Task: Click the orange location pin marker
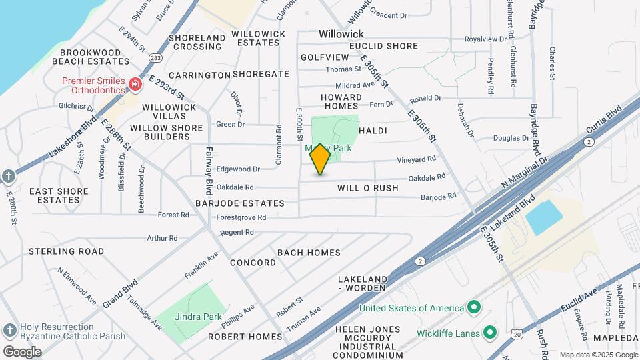coord(321,159)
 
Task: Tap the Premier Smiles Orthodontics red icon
coord(135,85)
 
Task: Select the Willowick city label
coord(341,33)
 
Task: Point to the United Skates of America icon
coord(474,307)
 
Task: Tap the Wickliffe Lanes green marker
coord(491,332)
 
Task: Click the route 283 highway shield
coord(155,58)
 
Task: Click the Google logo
coord(22,351)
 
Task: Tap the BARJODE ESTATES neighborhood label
coord(240,203)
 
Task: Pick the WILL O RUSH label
coord(368,188)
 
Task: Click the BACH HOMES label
coord(309,253)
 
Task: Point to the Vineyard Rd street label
coord(417,159)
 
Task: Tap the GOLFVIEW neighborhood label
coord(325,58)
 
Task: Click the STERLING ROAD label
coord(66,251)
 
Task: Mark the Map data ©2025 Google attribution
coord(598,355)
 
